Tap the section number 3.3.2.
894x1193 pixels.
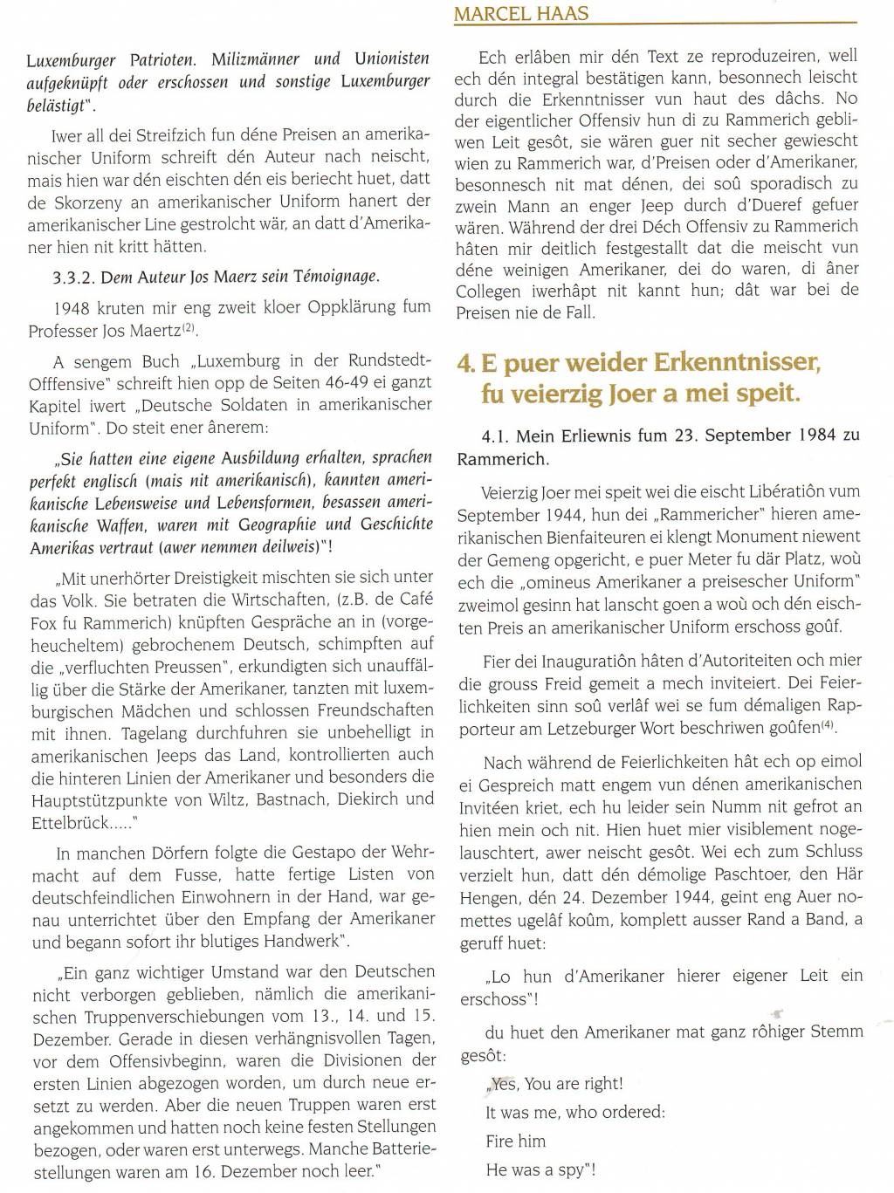74,278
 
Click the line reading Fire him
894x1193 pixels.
516,1141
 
